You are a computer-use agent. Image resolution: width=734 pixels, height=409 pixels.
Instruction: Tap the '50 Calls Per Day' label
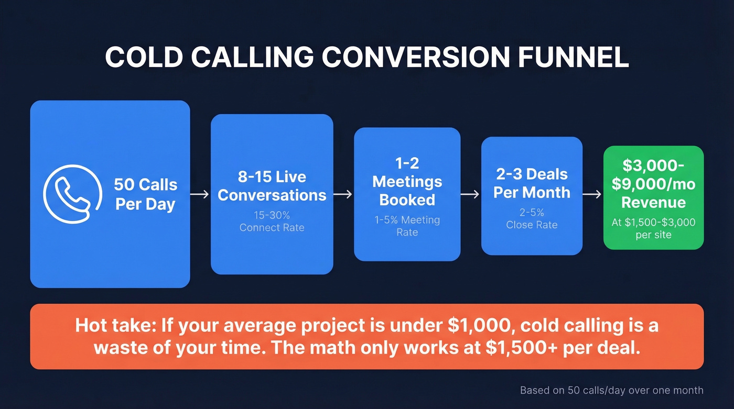click(x=145, y=194)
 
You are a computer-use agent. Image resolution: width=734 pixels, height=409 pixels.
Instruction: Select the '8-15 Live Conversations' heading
click(x=272, y=186)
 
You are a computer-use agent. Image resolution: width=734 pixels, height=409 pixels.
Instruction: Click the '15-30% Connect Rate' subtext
click(x=272, y=222)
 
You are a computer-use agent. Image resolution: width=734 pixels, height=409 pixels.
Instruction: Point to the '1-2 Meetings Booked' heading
click(x=407, y=182)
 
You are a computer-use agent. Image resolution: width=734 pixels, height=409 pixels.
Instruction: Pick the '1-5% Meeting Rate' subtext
click(x=407, y=226)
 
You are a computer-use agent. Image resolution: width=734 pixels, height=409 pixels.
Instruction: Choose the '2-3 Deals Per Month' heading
click(x=532, y=183)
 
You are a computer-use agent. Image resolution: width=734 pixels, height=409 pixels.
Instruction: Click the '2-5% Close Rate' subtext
click(x=532, y=219)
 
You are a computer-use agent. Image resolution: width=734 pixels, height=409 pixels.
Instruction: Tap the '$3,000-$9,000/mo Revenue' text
click(x=653, y=184)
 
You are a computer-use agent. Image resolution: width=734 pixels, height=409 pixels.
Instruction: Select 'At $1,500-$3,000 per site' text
click(x=653, y=228)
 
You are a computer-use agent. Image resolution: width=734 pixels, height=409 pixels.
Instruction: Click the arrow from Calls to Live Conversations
click(x=200, y=194)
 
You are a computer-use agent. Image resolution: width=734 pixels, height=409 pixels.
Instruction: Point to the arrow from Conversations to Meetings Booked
click(x=343, y=194)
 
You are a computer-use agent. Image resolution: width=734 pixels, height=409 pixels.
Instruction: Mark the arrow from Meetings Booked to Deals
click(x=470, y=194)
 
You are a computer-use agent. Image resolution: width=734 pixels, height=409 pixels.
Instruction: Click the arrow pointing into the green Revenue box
click(x=592, y=194)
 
